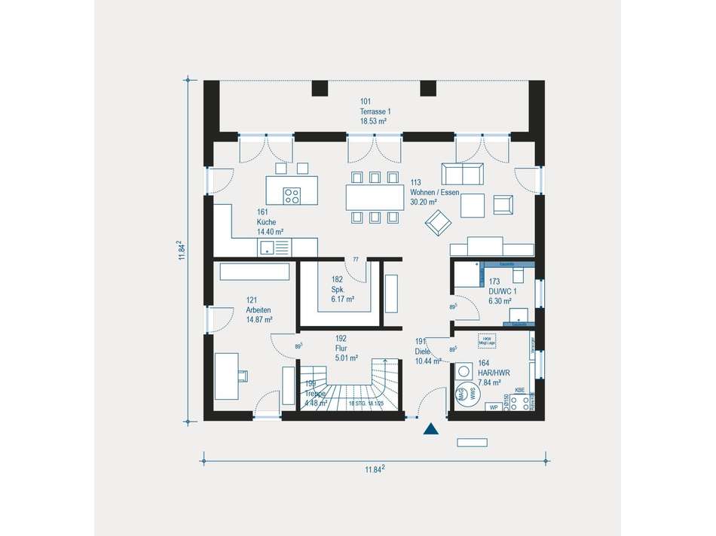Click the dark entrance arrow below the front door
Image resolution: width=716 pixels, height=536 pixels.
pyautogui.click(x=430, y=430)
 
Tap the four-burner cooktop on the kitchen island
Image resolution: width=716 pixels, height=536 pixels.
pyautogui.click(x=292, y=196)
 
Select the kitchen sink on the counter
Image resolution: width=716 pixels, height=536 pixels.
pyautogui.click(x=267, y=248)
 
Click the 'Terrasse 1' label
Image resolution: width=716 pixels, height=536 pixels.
pyautogui.click(x=375, y=111)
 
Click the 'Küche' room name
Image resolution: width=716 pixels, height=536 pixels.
pyautogui.click(x=265, y=222)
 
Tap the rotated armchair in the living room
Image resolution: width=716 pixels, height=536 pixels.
pyautogui.click(x=438, y=221)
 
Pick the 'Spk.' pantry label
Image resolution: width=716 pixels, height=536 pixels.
pyautogui.click(x=338, y=289)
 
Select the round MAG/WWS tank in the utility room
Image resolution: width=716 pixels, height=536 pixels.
pyautogui.click(x=467, y=394)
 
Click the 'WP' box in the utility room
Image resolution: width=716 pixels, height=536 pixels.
pyautogui.click(x=492, y=407)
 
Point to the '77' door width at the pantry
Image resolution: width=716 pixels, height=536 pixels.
pyautogui.click(x=356, y=260)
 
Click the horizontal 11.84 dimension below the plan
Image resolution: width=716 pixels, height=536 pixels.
pyautogui.click(x=375, y=469)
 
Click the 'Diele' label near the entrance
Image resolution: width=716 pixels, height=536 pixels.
pyautogui.click(x=424, y=352)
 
